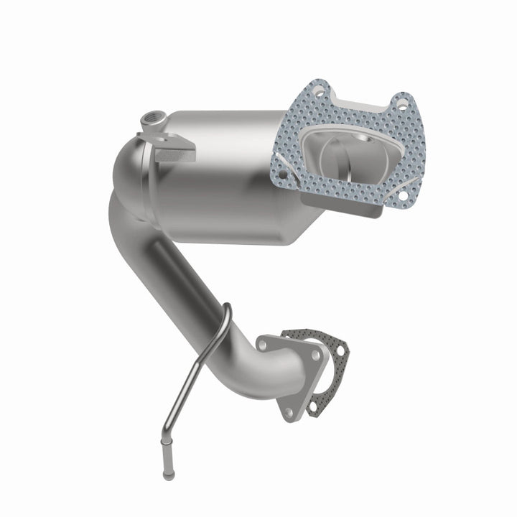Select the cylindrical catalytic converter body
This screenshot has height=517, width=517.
[223, 172]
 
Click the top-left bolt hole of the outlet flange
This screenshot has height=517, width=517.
[265, 345]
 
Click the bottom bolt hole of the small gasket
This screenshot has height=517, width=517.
[313, 406]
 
